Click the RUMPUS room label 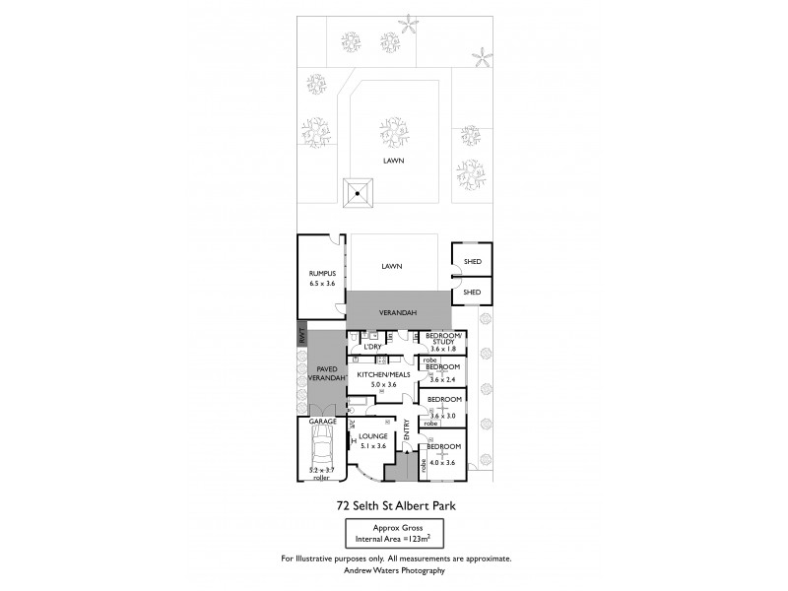point(322,273)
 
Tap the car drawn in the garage point(321,453)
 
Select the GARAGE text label point(323,421)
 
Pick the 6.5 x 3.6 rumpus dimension point(322,284)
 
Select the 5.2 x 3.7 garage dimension point(321,471)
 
